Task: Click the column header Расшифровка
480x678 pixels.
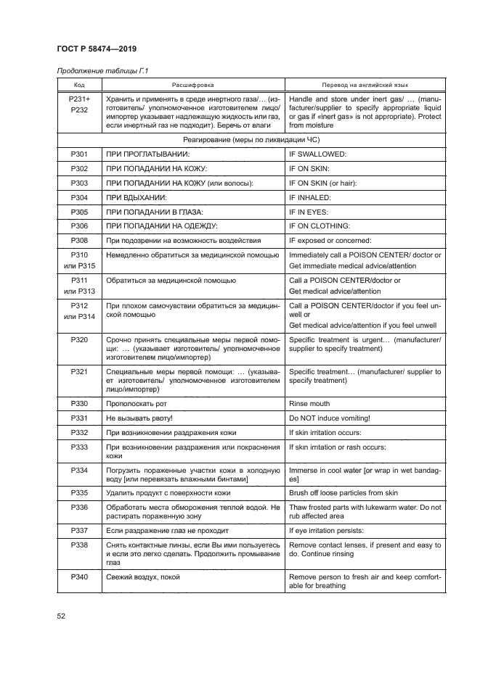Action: coord(192,84)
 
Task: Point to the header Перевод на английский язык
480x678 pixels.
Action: coord(365,84)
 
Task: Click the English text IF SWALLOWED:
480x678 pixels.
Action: coord(318,154)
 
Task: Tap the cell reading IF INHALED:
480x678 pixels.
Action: coord(310,197)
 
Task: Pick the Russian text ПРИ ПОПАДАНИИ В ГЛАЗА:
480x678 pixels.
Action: coord(152,212)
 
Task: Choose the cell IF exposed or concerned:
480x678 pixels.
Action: coord(330,240)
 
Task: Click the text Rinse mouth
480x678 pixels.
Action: coord(309,403)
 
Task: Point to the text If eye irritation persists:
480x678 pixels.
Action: coord(328,531)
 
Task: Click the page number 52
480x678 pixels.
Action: coord(61,616)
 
